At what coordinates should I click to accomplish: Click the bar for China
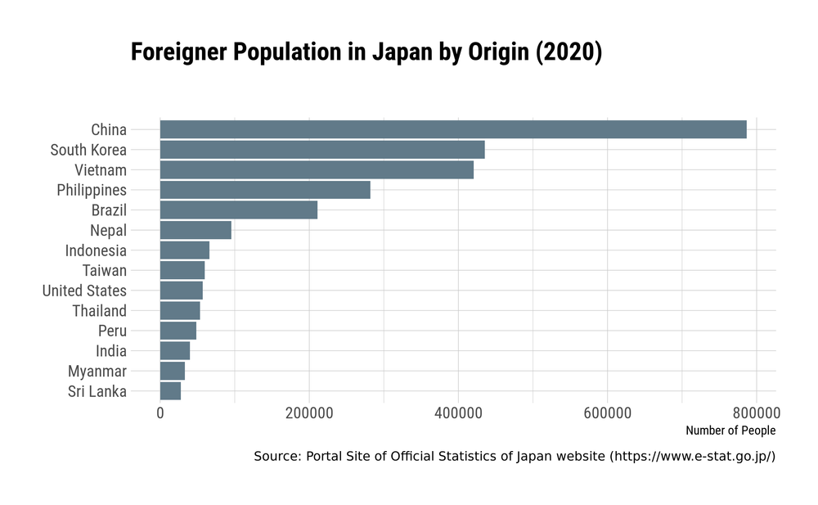[x=453, y=129]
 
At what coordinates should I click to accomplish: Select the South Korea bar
[x=322, y=150]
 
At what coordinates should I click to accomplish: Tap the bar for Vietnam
[x=317, y=170]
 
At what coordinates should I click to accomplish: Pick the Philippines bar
[x=265, y=190]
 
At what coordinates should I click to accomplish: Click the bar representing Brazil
[x=239, y=210]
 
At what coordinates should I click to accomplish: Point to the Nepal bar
[x=196, y=230]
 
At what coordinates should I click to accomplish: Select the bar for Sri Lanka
[x=170, y=391]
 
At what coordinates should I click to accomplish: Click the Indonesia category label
[x=96, y=250]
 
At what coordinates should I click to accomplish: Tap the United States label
[x=84, y=291]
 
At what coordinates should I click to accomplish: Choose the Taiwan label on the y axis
[x=105, y=270]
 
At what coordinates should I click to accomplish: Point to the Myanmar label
[x=97, y=372]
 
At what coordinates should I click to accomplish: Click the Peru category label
[x=112, y=331]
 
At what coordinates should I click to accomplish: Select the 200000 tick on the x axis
[x=309, y=413]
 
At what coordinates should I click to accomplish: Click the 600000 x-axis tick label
[x=608, y=413]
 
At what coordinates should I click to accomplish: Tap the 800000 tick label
[x=757, y=413]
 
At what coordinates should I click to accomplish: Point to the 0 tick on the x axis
[x=160, y=413]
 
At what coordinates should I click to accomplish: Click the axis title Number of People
[x=730, y=431]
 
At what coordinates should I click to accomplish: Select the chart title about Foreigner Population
[x=366, y=52]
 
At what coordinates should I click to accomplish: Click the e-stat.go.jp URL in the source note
[x=692, y=456]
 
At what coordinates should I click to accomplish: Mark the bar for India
[x=175, y=351]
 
